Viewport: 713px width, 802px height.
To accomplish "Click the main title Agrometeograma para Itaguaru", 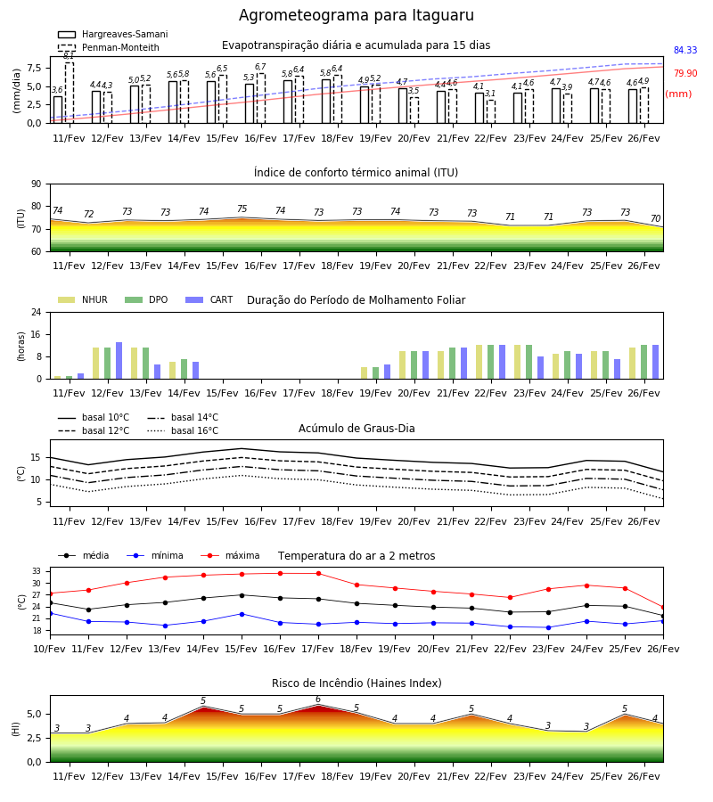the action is [356, 15].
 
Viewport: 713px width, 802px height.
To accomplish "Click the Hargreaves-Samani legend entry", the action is [112, 34].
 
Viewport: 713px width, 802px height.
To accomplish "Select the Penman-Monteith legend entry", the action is [109, 47].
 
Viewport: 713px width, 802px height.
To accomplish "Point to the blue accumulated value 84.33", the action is [685, 50].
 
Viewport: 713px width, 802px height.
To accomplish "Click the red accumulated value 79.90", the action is [685, 73].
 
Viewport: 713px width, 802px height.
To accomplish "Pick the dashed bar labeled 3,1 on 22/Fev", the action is [490, 111].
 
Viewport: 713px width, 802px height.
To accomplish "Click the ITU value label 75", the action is [242, 209].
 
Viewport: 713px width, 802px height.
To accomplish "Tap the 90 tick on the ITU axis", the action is [37, 184].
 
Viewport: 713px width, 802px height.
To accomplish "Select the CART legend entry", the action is [209, 299].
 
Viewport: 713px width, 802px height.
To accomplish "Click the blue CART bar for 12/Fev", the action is [119, 361].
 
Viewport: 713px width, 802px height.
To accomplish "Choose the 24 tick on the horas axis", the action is [37, 312].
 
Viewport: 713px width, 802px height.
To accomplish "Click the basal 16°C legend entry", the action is [183, 430].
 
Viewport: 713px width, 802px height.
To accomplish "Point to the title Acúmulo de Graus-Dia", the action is [356, 429].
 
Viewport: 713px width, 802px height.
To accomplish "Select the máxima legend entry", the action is [230, 555].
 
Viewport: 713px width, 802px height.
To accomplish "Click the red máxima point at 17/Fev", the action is [319, 573].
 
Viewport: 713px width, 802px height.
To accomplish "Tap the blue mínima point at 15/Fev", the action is [242, 614].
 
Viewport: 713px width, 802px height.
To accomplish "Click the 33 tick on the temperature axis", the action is [37, 571].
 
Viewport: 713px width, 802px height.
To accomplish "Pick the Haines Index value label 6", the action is [318, 700].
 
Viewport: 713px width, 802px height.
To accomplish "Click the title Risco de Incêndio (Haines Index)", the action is [356, 683].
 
